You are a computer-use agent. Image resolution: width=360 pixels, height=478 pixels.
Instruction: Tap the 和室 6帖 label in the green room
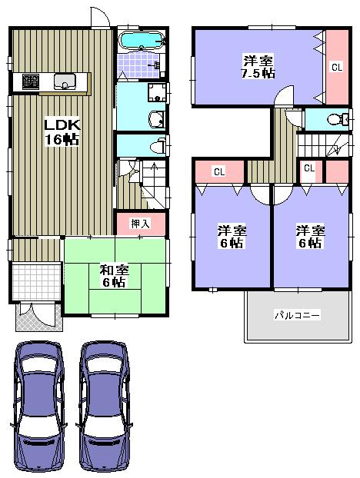(115, 276)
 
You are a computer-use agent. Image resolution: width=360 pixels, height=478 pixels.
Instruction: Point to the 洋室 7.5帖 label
(258, 66)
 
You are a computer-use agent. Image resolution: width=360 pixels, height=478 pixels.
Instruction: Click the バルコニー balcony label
(297, 315)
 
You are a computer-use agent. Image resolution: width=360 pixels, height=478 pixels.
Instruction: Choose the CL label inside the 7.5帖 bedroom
(336, 68)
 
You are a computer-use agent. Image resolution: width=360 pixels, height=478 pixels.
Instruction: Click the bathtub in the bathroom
(141, 40)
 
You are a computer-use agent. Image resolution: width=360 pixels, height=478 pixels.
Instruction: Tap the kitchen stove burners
(32, 80)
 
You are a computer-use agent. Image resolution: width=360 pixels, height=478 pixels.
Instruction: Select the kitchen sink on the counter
(63, 80)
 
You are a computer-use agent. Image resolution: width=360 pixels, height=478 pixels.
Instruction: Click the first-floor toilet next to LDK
(156, 144)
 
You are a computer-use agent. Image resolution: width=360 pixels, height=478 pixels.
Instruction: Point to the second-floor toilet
(335, 120)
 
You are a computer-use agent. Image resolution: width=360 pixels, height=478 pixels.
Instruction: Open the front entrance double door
(37, 313)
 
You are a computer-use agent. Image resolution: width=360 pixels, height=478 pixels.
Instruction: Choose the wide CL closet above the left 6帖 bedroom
(218, 171)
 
